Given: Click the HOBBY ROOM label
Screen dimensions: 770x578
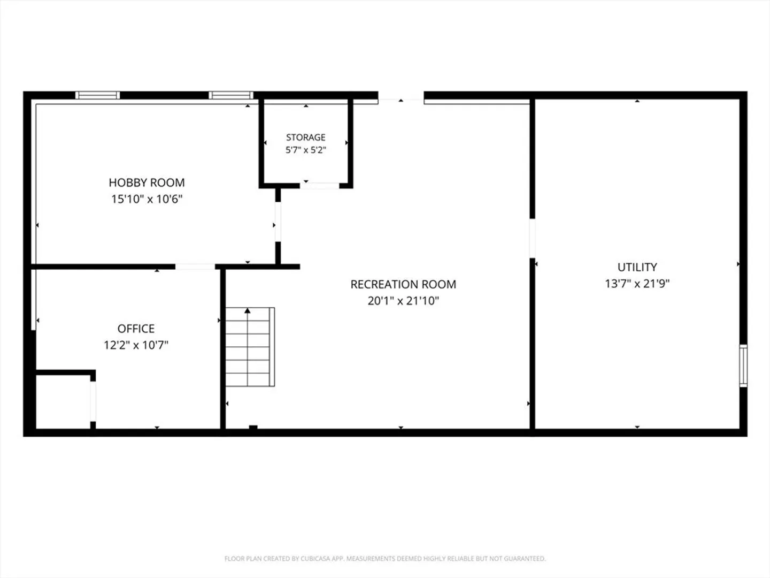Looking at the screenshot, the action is coord(147,182).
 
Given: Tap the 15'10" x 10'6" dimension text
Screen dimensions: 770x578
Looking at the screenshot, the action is coord(147,199).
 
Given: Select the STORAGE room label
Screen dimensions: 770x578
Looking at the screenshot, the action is coord(305,137).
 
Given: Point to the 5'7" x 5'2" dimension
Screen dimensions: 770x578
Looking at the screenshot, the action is coord(305,150).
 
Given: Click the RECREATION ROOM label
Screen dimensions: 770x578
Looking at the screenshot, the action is coord(403,284).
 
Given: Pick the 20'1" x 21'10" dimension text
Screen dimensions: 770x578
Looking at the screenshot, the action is coord(403,301).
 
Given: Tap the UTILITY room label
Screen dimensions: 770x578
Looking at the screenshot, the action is coord(637,267).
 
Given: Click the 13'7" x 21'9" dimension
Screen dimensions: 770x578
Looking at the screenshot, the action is coord(637,284).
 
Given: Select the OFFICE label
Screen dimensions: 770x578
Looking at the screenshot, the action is coord(136,329).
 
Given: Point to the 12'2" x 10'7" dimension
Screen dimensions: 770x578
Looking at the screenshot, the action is coord(136,345).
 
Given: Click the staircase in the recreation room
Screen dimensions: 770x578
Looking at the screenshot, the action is coord(250,347).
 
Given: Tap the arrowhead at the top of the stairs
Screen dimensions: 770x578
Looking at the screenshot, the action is coord(248,310).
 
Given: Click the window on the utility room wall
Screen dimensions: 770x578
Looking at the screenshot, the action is coord(743,366).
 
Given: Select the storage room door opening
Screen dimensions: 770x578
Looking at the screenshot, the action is coord(320,186).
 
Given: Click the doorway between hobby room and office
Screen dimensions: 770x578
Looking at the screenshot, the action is coord(195,267).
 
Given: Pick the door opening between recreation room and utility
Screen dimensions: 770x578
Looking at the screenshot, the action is coord(532,238).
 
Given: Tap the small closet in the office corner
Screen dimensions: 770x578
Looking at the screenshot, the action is coord(63,401).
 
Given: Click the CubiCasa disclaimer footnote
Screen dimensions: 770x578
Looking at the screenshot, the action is coord(385,558).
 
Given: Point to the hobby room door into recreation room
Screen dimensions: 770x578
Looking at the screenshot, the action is coord(278,222).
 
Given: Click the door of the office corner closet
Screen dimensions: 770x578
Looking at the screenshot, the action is coord(93,401).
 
